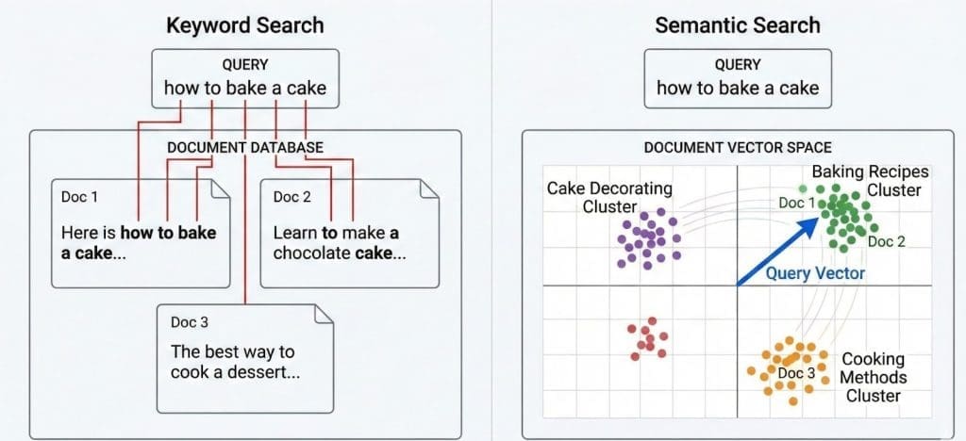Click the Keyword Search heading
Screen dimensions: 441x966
(x=244, y=24)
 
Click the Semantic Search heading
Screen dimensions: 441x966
(x=738, y=24)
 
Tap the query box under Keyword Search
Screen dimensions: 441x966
(x=245, y=77)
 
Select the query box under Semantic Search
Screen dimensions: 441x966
(x=738, y=77)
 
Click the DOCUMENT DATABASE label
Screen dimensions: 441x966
(x=245, y=148)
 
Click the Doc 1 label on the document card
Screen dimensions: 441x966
(x=79, y=197)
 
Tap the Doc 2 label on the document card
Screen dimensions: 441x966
(x=292, y=197)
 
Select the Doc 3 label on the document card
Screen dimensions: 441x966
(x=189, y=322)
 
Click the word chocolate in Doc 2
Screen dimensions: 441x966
(x=311, y=253)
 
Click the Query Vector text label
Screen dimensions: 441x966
(x=815, y=274)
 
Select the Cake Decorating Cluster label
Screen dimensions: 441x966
(x=609, y=197)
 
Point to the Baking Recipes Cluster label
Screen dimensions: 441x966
(x=870, y=180)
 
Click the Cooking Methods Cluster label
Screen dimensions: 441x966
(x=873, y=377)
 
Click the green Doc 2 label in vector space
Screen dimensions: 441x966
(x=886, y=242)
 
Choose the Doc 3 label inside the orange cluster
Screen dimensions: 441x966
(x=797, y=373)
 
